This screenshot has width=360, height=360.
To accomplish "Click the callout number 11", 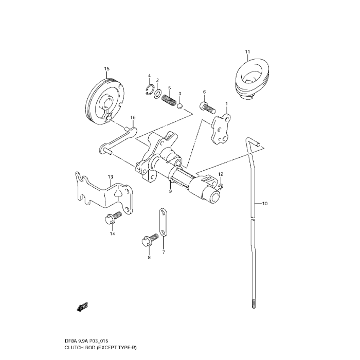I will pos(247,52).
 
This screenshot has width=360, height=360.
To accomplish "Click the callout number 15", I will pos(107,69).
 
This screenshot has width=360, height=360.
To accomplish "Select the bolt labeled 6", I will pos(207,109).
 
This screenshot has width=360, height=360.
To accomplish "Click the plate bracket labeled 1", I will pos(221,129).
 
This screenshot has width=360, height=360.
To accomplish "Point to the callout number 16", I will pos(133,118).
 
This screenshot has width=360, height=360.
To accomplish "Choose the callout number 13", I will pos(110,177).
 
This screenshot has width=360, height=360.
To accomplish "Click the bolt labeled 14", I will pos(111,219).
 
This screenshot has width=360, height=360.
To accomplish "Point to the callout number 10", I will pos(265,204).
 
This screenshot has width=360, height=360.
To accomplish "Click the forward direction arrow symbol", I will pos(81,307).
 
